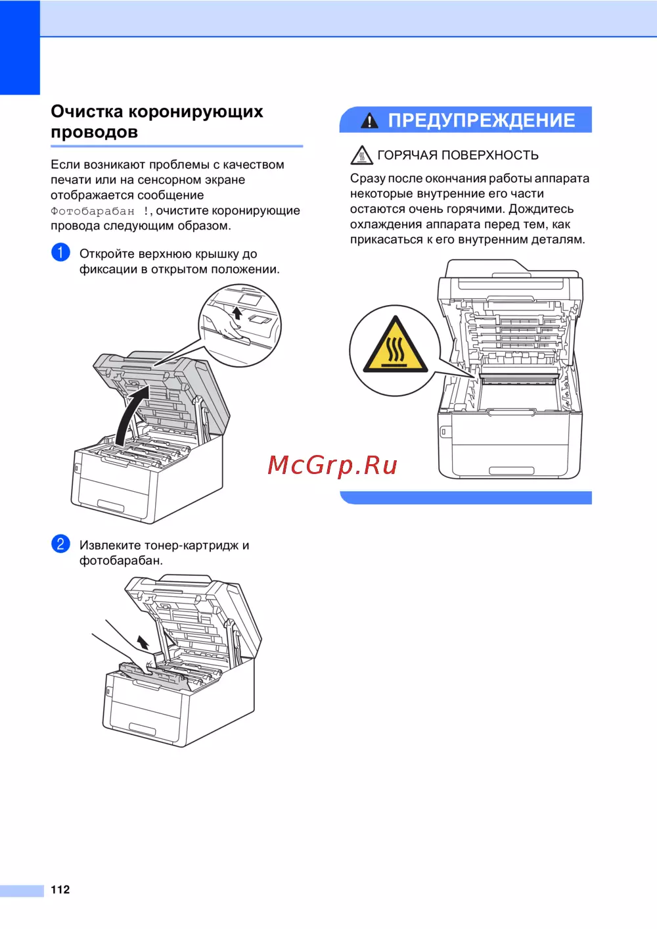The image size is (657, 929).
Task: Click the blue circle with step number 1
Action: click(60, 252)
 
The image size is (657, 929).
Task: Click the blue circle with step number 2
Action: click(60, 544)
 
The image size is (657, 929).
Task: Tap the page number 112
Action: click(60, 890)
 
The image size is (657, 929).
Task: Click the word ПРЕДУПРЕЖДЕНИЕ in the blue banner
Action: click(481, 120)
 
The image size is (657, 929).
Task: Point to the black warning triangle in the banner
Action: click(369, 121)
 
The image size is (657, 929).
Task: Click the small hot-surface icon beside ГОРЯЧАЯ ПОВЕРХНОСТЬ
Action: click(361, 155)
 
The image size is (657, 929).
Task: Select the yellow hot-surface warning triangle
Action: click(396, 345)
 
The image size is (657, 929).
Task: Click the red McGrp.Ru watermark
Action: click(332, 465)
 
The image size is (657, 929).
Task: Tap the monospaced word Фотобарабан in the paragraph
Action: click(93, 211)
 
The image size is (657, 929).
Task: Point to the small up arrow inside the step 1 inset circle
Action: click(237, 313)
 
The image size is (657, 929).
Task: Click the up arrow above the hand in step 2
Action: click(143, 642)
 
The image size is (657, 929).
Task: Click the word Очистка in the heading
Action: click(87, 112)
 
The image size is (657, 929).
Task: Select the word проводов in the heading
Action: click(94, 132)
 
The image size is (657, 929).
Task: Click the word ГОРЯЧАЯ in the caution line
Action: click(407, 155)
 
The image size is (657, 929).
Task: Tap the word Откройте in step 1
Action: click(107, 254)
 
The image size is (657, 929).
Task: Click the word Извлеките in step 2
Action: click(109, 545)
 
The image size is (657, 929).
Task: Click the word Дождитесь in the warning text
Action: click(541, 209)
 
